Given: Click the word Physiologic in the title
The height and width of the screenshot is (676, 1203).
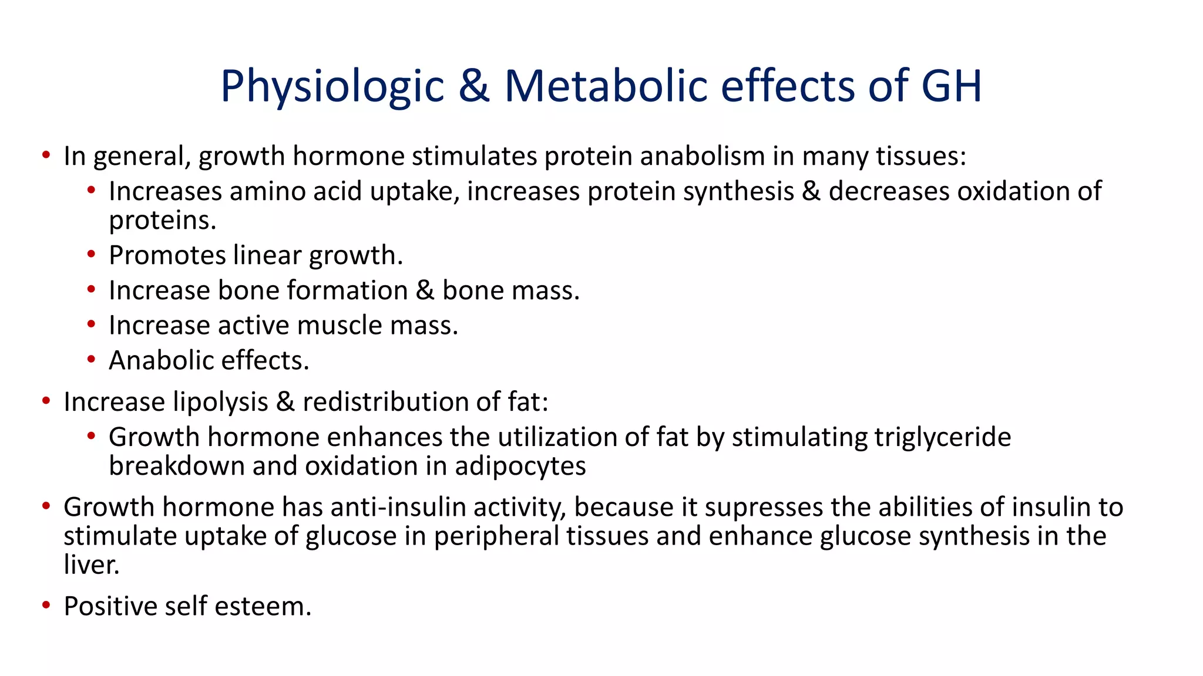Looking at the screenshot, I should pos(332,87).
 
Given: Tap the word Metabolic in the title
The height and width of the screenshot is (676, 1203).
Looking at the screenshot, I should pos(606,87).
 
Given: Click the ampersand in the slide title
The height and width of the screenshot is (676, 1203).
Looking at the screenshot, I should pos(474,87).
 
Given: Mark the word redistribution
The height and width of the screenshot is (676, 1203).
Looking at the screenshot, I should pos(385,402).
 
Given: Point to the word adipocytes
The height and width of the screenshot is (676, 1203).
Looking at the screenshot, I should pos(520,466).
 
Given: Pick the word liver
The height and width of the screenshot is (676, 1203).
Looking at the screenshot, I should pos(91,565).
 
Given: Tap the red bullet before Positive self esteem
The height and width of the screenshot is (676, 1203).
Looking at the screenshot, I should pos(46,605).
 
